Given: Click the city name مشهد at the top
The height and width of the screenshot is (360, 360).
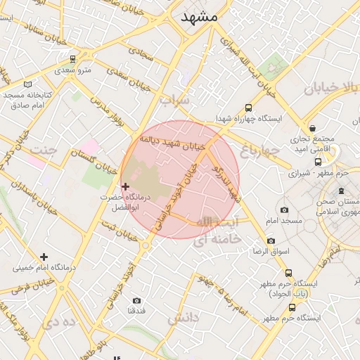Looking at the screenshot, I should click(x=199, y=16).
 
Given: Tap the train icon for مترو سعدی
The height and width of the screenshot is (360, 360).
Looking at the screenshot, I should click(x=73, y=59).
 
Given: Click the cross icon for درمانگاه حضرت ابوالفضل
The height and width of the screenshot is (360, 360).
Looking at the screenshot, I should click(x=126, y=186).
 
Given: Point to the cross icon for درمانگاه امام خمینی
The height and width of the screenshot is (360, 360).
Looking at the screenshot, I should click(x=44, y=257).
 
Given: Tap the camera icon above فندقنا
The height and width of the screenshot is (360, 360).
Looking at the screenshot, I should click(x=136, y=301).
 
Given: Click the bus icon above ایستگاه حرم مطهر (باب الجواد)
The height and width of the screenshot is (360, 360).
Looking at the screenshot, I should click(x=288, y=273).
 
